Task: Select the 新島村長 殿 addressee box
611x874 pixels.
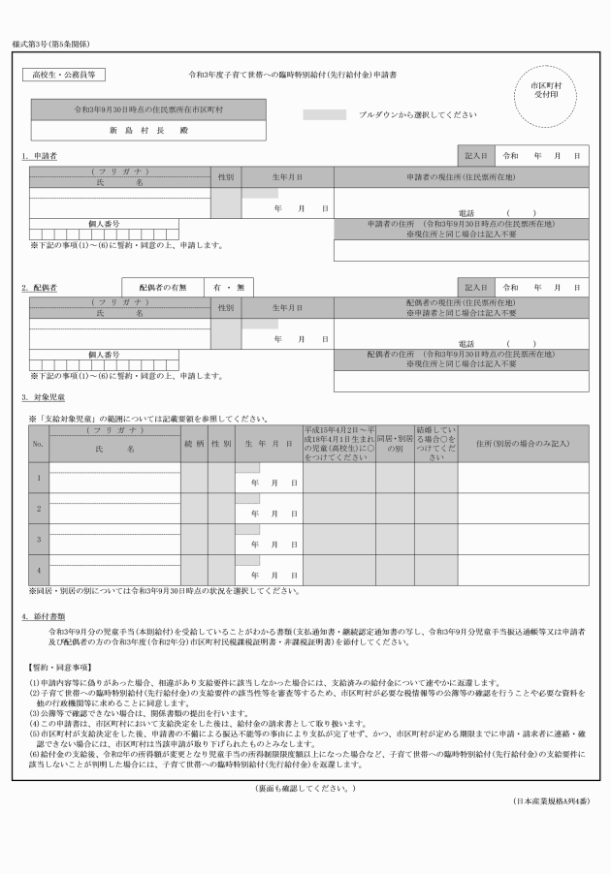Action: coord(148,130)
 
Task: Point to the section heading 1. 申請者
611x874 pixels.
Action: coord(40,156)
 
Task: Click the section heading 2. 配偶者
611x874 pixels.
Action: coord(40,289)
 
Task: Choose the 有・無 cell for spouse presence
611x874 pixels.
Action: coord(229,288)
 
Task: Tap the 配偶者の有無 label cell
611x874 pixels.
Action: coord(162,288)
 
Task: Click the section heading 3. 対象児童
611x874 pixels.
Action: coord(44,397)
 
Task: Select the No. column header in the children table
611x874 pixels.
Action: coord(39,444)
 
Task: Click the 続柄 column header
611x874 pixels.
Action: coord(194,444)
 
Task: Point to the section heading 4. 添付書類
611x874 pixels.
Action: coord(44,616)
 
